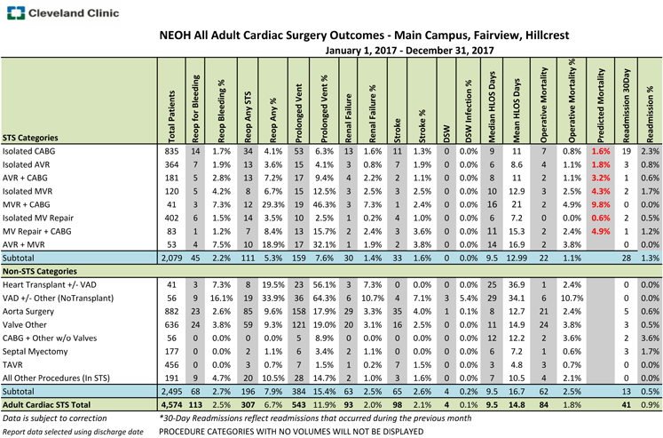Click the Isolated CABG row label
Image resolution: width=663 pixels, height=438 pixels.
tap(31, 151)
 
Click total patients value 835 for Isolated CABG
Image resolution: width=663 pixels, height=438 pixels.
tap(172, 151)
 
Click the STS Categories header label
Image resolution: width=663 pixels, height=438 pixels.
tap(38, 137)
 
